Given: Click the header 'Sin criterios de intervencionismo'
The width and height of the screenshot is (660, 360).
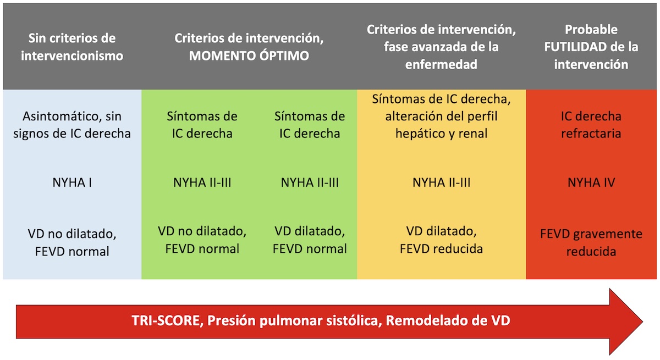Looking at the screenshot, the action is tap(72, 47).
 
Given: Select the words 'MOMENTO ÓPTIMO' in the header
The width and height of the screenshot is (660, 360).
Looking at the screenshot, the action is tap(249, 56).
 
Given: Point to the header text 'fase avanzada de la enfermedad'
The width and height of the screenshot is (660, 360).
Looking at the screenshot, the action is tap(441, 56).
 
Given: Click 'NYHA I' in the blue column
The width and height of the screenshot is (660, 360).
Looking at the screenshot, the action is tap(72, 182).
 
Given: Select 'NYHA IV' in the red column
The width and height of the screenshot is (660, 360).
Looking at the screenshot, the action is tap(591, 182).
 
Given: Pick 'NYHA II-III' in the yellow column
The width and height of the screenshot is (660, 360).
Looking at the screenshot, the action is tap(441, 182).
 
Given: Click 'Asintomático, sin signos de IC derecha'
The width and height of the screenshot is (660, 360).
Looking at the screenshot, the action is tap(72, 125).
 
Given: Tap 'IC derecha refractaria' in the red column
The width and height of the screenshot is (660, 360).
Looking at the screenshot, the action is tap(591, 125).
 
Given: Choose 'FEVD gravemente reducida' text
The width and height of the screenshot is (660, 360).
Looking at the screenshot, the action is tap(591, 242).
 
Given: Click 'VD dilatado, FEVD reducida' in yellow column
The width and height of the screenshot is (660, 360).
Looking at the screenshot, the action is tap(441, 240).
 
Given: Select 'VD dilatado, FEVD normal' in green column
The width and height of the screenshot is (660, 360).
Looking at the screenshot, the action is tap(310, 240).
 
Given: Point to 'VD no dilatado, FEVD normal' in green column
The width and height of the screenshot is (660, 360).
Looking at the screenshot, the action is tap(202, 240).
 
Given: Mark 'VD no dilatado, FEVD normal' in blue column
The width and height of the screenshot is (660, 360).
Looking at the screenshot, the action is tap(72, 242).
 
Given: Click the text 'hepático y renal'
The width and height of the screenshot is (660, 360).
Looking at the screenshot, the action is tap(441, 134).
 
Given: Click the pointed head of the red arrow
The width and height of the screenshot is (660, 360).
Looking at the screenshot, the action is tap(642, 322).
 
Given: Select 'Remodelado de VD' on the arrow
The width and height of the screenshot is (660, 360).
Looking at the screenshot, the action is tap(448, 320).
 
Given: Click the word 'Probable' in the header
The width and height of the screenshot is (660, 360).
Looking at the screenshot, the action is tap(591, 30).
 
